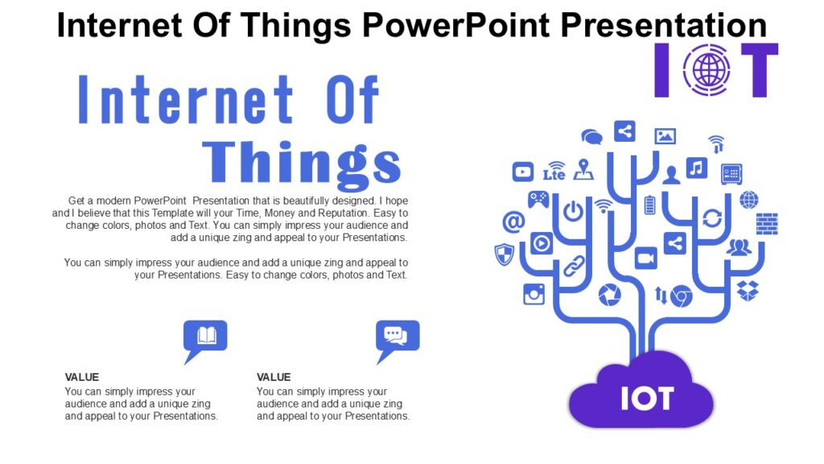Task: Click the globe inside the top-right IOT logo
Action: [707, 70]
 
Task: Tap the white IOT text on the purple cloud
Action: [647, 397]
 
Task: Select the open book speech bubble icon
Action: [206, 335]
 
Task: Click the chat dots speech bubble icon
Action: [398, 335]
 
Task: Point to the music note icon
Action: [696, 168]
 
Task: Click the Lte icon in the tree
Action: [554, 172]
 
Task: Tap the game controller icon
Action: [538, 198]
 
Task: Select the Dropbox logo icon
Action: [748, 290]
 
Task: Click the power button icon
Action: [573, 212]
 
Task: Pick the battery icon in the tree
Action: [650, 205]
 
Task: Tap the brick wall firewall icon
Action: [767, 224]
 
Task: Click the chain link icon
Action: [574, 266]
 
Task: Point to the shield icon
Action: [504, 254]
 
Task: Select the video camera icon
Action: [646, 258]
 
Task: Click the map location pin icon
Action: [583, 169]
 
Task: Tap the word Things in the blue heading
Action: [302, 164]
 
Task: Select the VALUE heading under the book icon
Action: [82, 377]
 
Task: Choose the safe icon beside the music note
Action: [731, 173]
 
